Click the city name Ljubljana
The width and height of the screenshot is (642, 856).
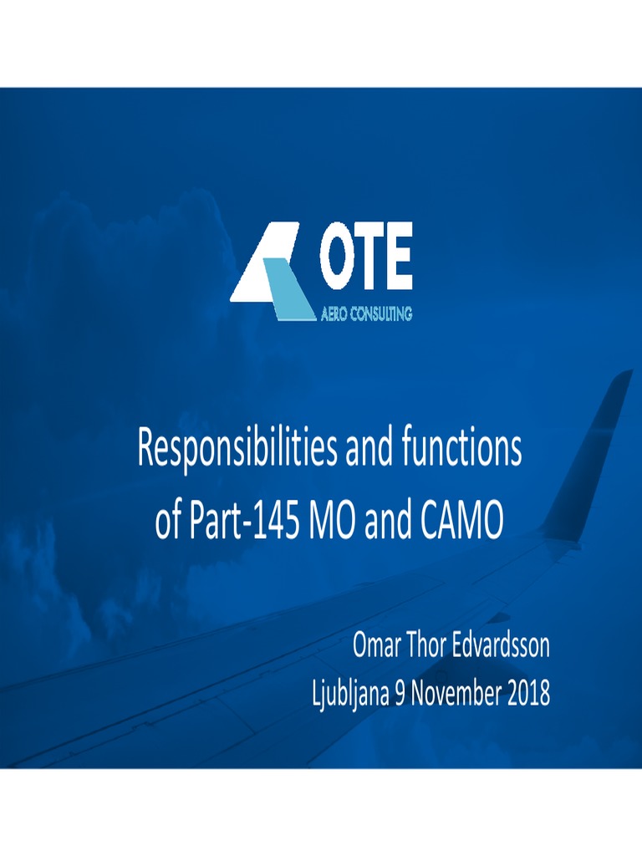(349, 693)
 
